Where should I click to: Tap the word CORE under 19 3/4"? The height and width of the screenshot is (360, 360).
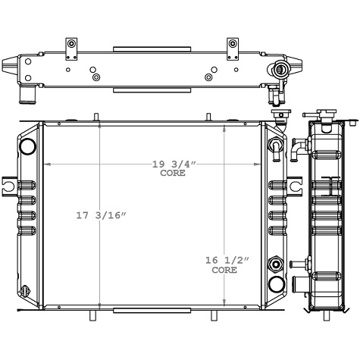[x=172, y=174]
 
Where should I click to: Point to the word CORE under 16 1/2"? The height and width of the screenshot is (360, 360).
[x=224, y=270]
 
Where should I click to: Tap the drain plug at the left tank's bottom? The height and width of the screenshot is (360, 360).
[x=28, y=290]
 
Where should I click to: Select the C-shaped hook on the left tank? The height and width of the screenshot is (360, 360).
[x=9, y=184]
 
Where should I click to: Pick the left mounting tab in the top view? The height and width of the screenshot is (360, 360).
[x=71, y=45]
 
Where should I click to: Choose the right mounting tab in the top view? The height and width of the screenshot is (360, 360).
[x=230, y=45]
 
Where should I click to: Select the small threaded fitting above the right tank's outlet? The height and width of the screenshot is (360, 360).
[x=276, y=265]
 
